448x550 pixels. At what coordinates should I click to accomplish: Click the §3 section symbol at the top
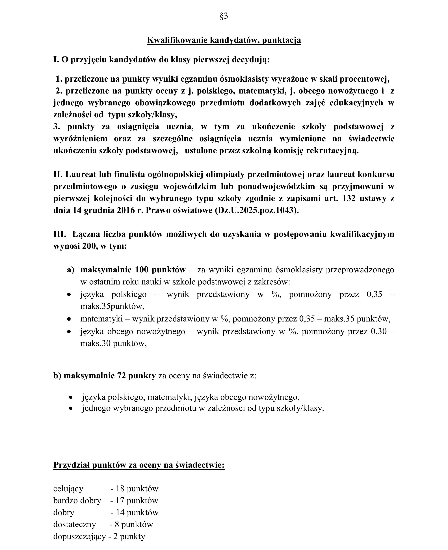click(x=224, y=16)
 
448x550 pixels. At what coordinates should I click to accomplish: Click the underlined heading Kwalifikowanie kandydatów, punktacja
click(x=224, y=40)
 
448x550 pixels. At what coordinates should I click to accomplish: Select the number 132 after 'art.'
click(x=349, y=198)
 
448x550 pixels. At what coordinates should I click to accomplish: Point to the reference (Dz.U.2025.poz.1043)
click(x=257, y=210)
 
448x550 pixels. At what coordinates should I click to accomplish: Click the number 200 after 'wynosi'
click(x=89, y=246)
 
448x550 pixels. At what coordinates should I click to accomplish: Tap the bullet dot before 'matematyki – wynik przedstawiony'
click(x=69, y=319)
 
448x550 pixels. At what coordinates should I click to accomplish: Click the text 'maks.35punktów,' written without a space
click(x=112, y=306)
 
